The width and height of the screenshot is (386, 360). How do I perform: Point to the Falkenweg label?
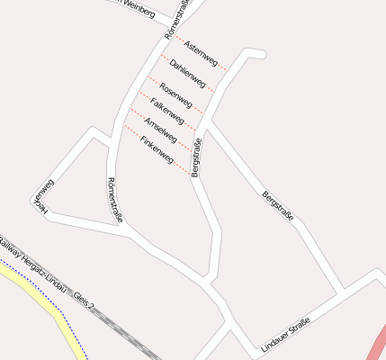click(167, 110)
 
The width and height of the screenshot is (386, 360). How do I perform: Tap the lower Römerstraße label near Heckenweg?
click(114, 200)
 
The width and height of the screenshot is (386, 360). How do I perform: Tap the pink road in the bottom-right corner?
click(376, 346)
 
